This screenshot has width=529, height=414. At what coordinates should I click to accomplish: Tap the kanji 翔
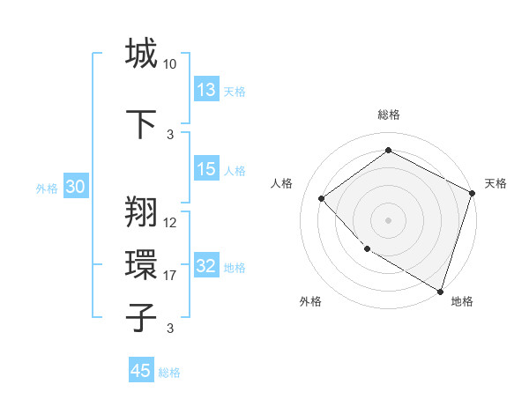[141, 211]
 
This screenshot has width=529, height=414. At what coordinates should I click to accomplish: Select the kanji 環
[141, 264]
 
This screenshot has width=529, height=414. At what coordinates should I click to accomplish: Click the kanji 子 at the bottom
[141, 317]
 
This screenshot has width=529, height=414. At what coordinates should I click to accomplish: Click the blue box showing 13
[205, 89]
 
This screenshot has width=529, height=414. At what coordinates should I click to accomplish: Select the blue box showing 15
[205, 169]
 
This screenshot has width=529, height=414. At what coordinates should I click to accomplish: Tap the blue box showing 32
[205, 266]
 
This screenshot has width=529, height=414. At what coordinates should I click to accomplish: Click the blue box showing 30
[75, 187]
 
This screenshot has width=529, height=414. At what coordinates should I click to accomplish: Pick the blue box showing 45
[140, 371]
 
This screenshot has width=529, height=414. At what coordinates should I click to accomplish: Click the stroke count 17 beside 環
[170, 276]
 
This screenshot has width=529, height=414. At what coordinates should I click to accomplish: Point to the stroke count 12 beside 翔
[170, 223]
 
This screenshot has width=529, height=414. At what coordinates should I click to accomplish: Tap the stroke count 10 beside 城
[170, 63]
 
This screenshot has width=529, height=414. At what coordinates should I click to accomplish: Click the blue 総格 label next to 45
[169, 373]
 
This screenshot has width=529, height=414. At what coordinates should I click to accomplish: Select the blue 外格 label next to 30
[46, 188]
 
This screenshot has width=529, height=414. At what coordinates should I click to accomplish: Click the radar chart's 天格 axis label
[495, 183]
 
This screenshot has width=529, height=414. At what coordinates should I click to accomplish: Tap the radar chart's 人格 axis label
[282, 183]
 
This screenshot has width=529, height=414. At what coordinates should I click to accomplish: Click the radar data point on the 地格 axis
[439, 291]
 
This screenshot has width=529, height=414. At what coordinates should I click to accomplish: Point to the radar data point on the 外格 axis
[367, 249]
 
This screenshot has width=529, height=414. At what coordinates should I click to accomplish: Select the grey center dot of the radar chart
[388, 219]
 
